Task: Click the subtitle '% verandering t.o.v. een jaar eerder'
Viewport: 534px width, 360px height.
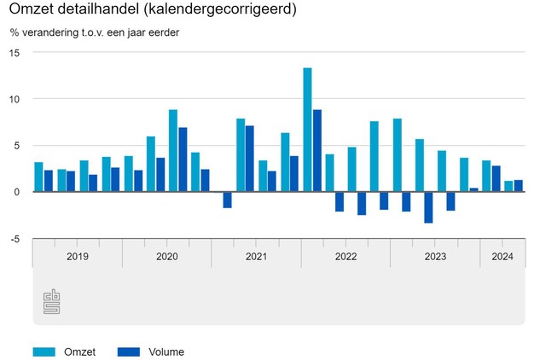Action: pos(101,33)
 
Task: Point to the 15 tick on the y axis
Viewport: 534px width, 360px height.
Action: pos(15,52)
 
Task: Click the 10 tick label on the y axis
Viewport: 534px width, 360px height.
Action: pos(15,99)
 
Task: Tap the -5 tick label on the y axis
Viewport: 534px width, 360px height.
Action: pos(15,239)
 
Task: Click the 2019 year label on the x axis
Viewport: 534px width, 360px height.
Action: pos(77,256)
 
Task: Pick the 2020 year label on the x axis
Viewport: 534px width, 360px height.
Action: pos(166,256)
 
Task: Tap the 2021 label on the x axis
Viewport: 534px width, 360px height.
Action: pos(256,256)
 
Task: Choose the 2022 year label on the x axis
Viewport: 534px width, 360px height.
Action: pos(345,256)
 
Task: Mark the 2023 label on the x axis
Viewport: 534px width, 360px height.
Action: pos(435,256)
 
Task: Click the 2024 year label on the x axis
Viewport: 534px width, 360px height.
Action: pos(502,256)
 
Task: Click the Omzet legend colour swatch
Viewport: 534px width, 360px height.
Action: pos(44,351)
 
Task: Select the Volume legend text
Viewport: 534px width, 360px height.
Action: pos(165,351)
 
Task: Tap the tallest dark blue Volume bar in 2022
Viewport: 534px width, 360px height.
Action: pos(317,150)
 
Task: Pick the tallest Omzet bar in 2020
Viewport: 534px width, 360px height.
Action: pos(173,150)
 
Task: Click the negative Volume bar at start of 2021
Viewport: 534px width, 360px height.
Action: pos(228,200)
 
